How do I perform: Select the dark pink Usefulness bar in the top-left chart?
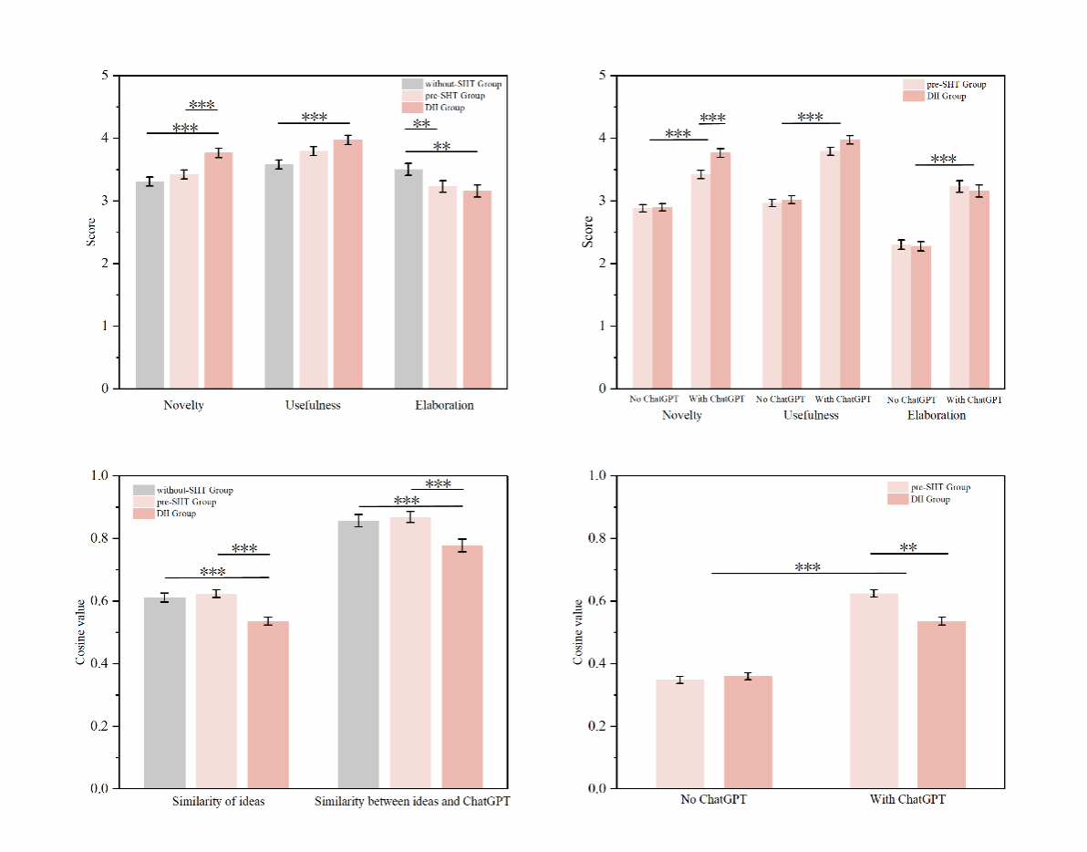coord(347,264)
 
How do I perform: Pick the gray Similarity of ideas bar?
coord(164,692)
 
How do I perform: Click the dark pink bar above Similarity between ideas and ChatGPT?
coord(462,667)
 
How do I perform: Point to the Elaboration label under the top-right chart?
coord(937,415)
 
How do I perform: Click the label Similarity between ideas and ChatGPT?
coord(412,802)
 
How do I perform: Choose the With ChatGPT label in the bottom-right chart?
coord(907,800)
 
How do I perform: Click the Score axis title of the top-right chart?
coord(588,232)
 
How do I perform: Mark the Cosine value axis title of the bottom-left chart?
coord(80,631)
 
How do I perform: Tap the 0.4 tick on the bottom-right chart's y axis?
coord(597,663)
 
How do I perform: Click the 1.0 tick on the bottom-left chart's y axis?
coord(99,475)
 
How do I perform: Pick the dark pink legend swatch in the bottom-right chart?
coord(898,499)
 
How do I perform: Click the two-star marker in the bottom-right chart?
coord(908,548)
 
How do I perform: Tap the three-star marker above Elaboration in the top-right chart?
coord(943,160)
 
